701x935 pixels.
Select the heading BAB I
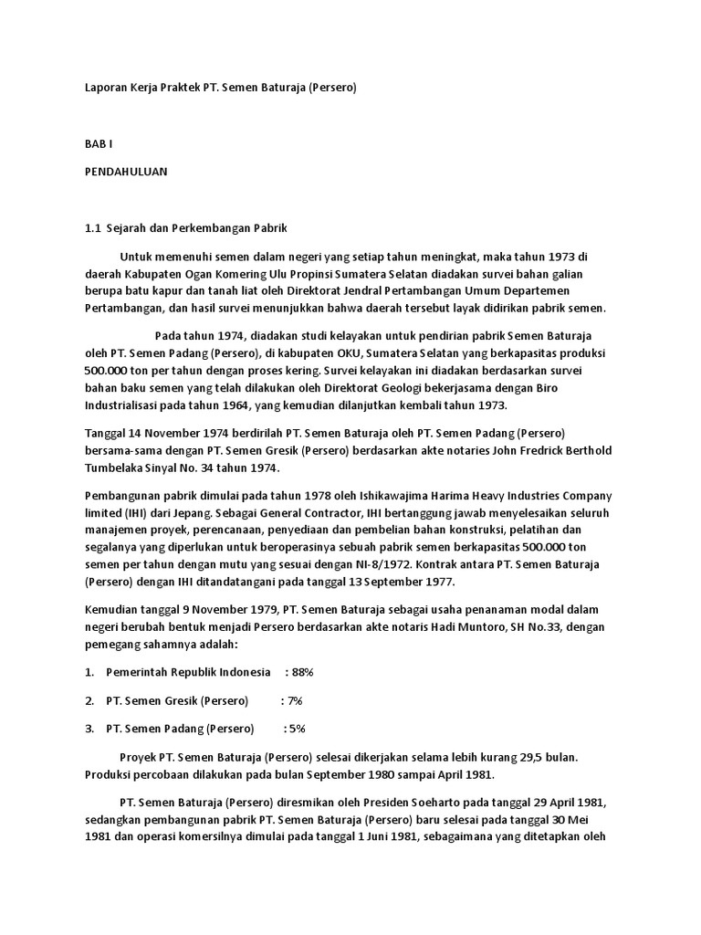98,144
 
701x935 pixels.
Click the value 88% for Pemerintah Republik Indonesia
301,672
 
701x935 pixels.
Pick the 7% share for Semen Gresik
294,700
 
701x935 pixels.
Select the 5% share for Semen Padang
297,729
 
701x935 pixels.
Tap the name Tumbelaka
116,467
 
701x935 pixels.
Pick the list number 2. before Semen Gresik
89,700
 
